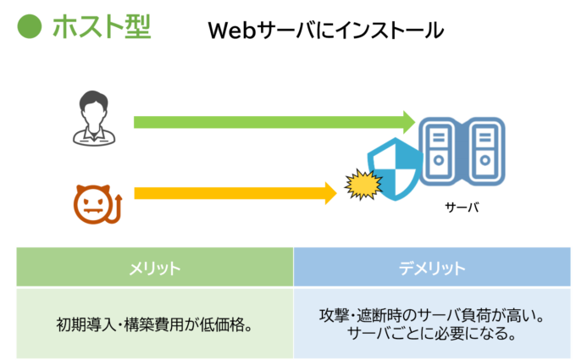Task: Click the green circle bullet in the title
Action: (x=30, y=27)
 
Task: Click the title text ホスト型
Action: (x=101, y=27)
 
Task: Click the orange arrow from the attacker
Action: (x=229, y=193)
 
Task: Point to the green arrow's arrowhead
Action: (x=407, y=121)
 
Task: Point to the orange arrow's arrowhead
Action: (x=331, y=193)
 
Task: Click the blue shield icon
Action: (x=395, y=169)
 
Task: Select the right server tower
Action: (x=485, y=151)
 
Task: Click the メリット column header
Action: (x=154, y=268)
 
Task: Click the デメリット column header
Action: (x=432, y=268)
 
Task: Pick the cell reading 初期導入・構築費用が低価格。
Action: (x=154, y=324)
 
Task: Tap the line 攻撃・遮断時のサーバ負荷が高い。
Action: (x=432, y=315)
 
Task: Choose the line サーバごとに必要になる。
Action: (x=432, y=334)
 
